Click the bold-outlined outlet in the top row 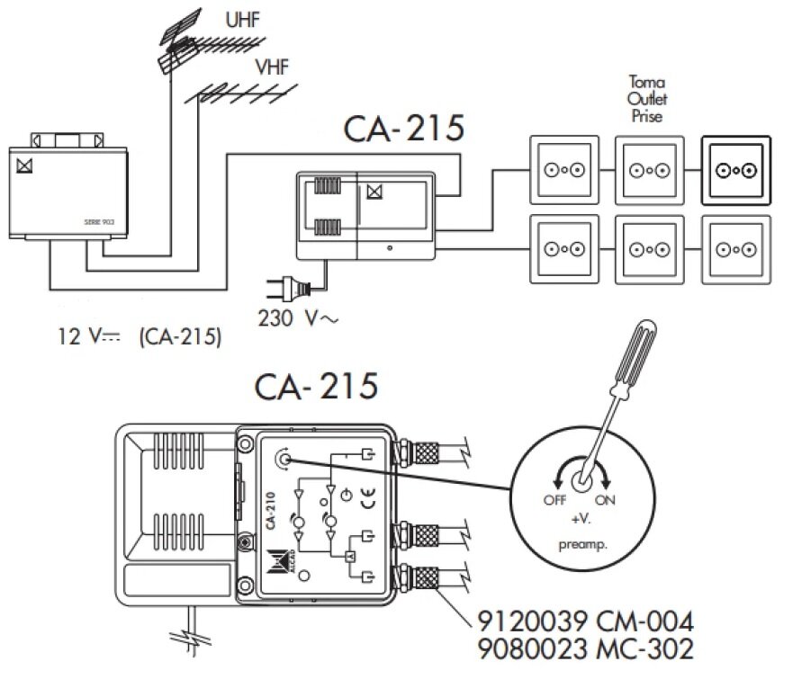tap(735, 170)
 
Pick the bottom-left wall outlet tap(563, 247)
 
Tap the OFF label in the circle tap(554, 501)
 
